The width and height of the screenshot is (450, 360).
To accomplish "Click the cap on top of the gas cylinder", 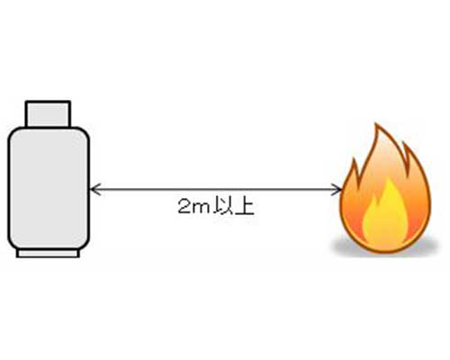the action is pyautogui.click(x=48, y=114).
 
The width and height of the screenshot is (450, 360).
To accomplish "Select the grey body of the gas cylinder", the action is pyautogui.click(x=49, y=189).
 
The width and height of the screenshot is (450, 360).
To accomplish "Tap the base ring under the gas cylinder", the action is pyautogui.click(x=48, y=254).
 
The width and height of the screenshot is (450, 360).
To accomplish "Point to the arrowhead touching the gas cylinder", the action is pyautogui.click(x=94, y=189).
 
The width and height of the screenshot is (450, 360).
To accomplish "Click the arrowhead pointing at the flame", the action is pyautogui.click(x=337, y=189).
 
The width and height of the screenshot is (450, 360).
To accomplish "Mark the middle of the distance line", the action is pyautogui.click(x=216, y=189).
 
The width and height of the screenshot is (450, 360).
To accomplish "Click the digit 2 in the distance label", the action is pyautogui.click(x=184, y=207).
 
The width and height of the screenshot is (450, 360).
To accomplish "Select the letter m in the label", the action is pyautogui.click(x=202, y=209).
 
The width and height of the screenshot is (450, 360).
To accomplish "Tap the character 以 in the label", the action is pyautogui.click(x=222, y=207).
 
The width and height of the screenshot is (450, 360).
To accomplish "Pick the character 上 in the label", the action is pyautogui.click(x=245, y=207).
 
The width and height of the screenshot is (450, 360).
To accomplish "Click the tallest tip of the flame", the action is pyautogui.click(x=377, y=123).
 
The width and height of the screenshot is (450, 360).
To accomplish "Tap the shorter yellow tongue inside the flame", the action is pyautogui.click(x=372, y=219).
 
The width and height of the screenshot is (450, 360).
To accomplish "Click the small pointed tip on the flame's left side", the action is pyautogui.click(x=355, y=160).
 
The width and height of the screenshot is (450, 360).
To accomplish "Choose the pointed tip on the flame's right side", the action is pyautogui.click(x=404, y=144).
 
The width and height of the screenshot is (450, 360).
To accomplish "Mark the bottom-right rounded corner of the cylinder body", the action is pyautogui.click(x=84, y=245).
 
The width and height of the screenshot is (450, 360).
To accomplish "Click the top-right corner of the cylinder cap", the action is pyautogui.click(x=70, y=102).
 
